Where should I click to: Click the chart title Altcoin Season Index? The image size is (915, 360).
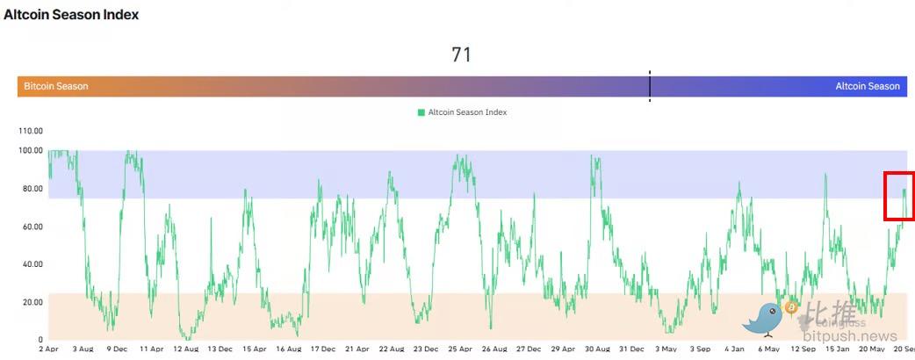pyautogui.click(x=71, y=15)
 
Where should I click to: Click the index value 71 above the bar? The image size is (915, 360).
pyautogui.click(x=461, y=54)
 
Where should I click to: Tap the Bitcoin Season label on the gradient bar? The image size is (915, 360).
pyautogui.click(x=55, y=86)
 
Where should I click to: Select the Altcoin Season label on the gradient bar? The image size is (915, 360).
pyautogui.click(x=867, y=86)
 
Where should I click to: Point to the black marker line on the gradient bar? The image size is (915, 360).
pyautogui.click(x=650, y=86)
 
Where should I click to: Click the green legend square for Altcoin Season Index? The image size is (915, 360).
pyautogui.click(x=421, y=112)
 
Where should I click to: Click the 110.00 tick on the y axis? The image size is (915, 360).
pyautogui.click(x=31, y=131)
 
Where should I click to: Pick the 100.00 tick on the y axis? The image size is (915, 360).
pyautogui.click(x=31, y=150)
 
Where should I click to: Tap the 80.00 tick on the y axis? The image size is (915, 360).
pyautogui.click(x=32, y=189)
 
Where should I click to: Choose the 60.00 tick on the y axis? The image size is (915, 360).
pyautogui.click(x=32, y=227)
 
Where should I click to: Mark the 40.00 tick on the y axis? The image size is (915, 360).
pyautogui.click(x=32, y=264)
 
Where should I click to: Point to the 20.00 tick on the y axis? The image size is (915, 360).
pyautogui.click(x=32, y=302)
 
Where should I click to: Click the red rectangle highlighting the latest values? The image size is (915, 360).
pyautogui.click(x=899, y=196)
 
